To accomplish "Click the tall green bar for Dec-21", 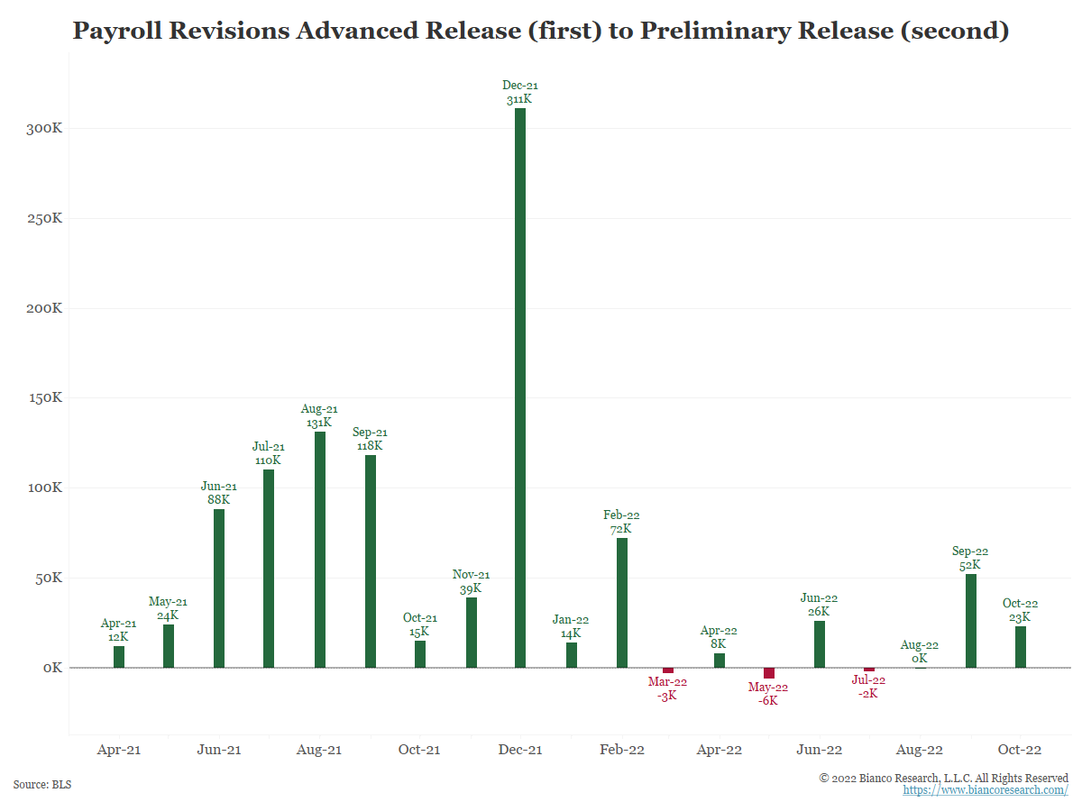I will point(520,387).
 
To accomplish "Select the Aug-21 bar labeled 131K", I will point(320,550).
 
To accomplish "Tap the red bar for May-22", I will point(769,673).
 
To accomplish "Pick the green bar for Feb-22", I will point(622,603).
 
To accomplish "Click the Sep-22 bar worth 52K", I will point(971,621).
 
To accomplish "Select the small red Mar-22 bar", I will point(668,670).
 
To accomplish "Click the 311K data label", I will point(520,99).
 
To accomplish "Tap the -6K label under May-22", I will point(768,701).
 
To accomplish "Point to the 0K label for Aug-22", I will point(920,658).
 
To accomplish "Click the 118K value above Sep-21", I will point(370,446).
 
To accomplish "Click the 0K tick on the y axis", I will point(50,668).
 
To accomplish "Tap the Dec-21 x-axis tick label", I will point(520,750).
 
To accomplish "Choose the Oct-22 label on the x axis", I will point(1020,750).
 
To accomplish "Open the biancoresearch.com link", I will point(986,790).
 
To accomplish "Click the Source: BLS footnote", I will point(42,785).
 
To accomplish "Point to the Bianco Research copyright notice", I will point(944,778).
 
